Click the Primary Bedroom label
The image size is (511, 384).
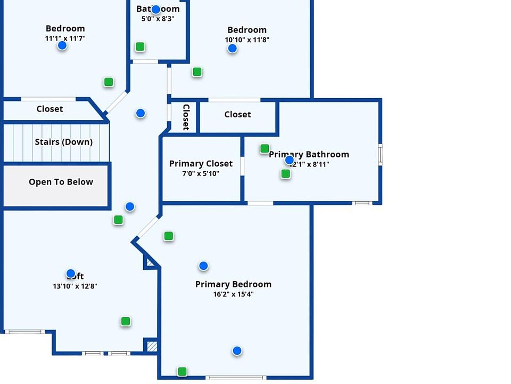point(233,284)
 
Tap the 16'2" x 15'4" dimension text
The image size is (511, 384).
point(233,294)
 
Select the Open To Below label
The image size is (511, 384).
point(61,182)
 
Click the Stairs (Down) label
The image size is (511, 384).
point(63,142)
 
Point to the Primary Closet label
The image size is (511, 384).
point(201,164)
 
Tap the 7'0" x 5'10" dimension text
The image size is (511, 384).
point(201,174)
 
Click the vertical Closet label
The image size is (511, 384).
point(186,117)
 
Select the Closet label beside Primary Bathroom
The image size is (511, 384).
point(237,115)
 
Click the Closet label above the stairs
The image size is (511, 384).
point(50,109)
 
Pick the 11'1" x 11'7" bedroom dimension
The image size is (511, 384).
point(65,38)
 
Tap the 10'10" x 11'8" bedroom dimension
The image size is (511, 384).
point(247,39)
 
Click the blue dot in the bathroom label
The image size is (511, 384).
point(155,10)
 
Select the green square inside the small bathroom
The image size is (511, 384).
point(139,47)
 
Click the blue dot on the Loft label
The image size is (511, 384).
point(71,274)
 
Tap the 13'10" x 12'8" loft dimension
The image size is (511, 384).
point(75,286)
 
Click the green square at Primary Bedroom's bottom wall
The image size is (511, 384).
point(182,372)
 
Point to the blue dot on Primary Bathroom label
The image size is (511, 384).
point(289,160)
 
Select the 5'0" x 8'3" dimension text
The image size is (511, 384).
point(158,19)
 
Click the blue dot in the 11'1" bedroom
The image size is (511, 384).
point(62,45)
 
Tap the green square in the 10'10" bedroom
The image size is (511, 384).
point(197,72)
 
